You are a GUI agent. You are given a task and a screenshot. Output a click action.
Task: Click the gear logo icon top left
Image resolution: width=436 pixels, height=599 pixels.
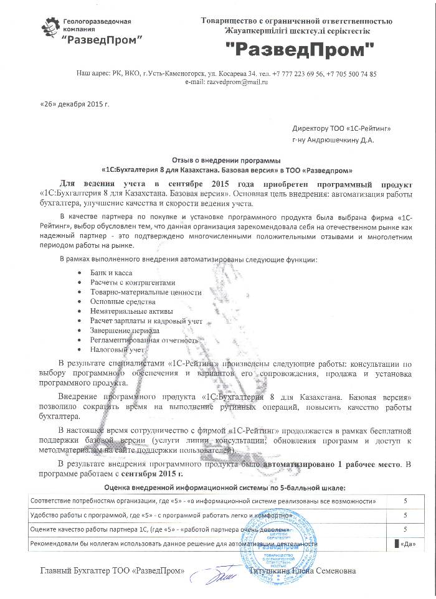50,27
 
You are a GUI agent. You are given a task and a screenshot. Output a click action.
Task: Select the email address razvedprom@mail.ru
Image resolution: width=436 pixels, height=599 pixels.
237,82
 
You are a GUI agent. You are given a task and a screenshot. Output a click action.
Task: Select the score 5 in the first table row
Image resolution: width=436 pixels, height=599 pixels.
405,501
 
